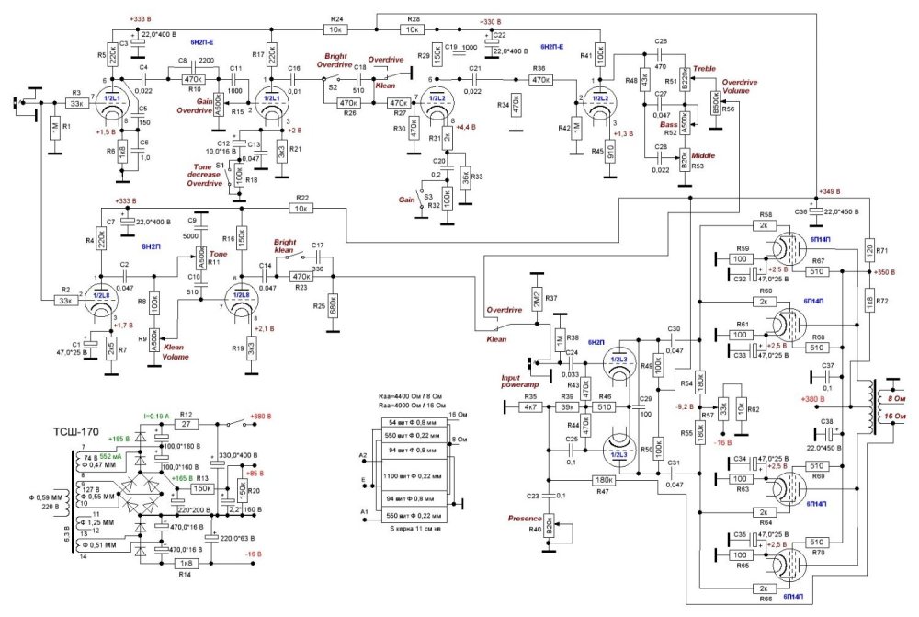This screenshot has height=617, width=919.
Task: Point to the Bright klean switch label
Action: [290, 246]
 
